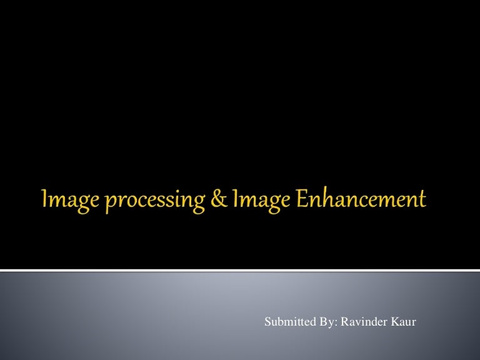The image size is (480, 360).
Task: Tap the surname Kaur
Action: pos(403,322)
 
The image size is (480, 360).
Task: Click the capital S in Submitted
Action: pos(268,322)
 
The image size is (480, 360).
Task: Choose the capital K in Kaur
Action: pos(394,322)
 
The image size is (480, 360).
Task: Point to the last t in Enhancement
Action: pos(422,201)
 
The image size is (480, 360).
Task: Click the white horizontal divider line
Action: pos(240,270)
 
